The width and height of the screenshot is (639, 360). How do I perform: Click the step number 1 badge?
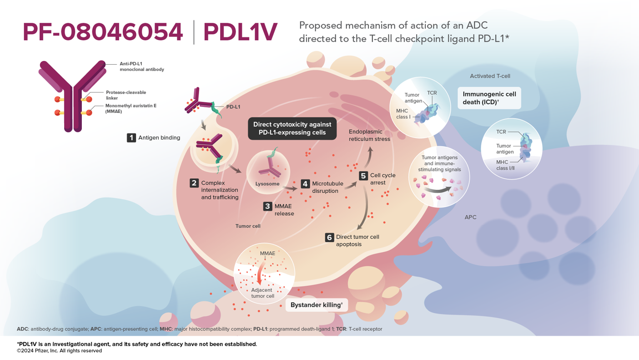(x=131, y=137)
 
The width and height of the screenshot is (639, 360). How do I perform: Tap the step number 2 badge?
(x=194, y=183)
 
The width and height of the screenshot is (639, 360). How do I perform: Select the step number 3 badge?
(x=267, y=206)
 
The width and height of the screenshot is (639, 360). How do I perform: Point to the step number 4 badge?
(x=305, y=184)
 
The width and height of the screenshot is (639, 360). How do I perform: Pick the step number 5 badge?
(x=363, y=176)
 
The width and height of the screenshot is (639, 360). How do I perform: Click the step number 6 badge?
(x=329, y=237)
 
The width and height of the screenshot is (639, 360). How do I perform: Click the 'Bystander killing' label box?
(x=317, y=305)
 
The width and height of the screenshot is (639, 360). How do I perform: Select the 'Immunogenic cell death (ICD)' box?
(x=489, y=98)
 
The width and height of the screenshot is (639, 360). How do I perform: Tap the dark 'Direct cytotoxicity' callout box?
(x=292, y=129)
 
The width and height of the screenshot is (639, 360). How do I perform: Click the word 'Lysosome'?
(x=267, y=184)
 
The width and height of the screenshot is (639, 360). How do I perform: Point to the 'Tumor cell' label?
(x=248, y=226)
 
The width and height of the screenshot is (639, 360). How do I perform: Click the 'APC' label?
(x=470, y=217)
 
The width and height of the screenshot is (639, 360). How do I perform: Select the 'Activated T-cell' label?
(x=490, y=76)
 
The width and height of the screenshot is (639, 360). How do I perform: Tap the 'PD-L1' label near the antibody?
(x=233, y=107)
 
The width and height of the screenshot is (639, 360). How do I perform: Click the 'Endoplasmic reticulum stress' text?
(x=369, y=135)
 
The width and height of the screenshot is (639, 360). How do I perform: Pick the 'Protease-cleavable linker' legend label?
(x=126, y=95)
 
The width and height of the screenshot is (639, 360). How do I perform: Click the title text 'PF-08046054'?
(x=103, y=32)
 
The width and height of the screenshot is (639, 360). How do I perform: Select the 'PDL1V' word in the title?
(x=240, y=32)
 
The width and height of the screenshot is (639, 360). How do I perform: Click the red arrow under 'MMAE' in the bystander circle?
(x=260, y=274)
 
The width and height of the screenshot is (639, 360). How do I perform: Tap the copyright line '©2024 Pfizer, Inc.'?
(x=59, y=351)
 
